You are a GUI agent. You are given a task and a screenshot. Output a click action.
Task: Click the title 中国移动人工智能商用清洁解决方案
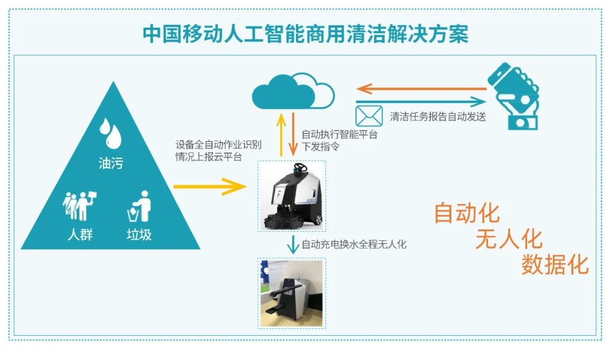(x=306, y=34)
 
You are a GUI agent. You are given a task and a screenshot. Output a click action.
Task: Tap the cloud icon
(x=293, y=91)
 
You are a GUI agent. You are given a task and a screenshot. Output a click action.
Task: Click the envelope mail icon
(x=369, y=116)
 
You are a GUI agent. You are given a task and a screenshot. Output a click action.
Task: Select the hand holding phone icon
(x=513, y=96)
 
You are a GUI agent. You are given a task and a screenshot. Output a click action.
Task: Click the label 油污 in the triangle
(x=111, y=163)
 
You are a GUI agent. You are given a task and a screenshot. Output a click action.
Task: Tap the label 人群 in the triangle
(x=80, y=235)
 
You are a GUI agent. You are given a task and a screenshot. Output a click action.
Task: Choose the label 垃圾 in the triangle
(x=139, y=235)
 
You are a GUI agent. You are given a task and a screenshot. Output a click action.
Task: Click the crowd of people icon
(x=80, y=206)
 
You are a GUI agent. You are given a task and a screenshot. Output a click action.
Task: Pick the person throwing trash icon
(x=140, y=206)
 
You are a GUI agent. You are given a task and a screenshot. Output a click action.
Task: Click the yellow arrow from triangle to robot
(x=210, y=186)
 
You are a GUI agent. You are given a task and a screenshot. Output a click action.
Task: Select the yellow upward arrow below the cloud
(x=281, y=135)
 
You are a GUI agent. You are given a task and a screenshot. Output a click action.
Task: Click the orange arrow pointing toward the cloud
(x=421, y=89)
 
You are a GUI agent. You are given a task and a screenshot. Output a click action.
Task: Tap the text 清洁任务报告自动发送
(x=438, y=116)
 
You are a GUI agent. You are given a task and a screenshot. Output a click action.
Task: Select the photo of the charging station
(x=292, y=293)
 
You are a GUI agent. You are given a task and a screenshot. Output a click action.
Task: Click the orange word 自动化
(x=467, y=213)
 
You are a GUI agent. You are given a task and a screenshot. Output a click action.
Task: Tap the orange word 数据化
(x=555, y=264)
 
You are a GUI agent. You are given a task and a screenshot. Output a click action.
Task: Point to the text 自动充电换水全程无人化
(x=354, y=244)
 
